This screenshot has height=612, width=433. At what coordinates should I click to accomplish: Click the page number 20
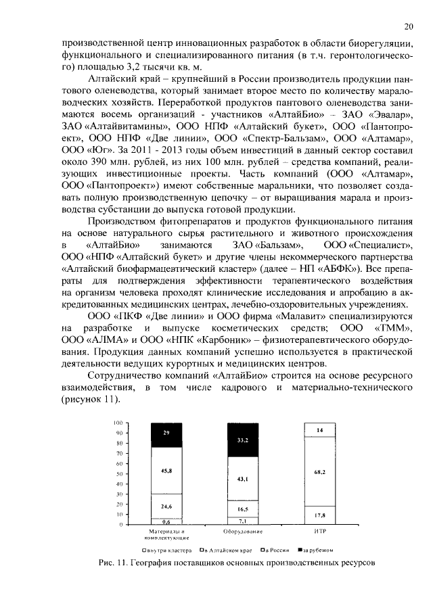click(x=408, y=27)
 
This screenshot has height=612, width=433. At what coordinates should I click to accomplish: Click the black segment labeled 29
click(x=166, y=431)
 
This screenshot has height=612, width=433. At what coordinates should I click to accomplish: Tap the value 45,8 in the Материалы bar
click(x=166, y=470)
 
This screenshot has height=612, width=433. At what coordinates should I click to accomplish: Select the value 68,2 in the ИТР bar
click(x=320, y=471)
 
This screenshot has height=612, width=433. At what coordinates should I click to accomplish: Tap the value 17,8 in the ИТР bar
click(x=320, y=515)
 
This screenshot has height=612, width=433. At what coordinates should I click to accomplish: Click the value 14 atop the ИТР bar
click(x=320, y=430)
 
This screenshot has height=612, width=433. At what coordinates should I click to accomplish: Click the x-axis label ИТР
click(x=320, y=532)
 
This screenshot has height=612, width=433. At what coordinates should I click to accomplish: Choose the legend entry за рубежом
click(x=313, y=550)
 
